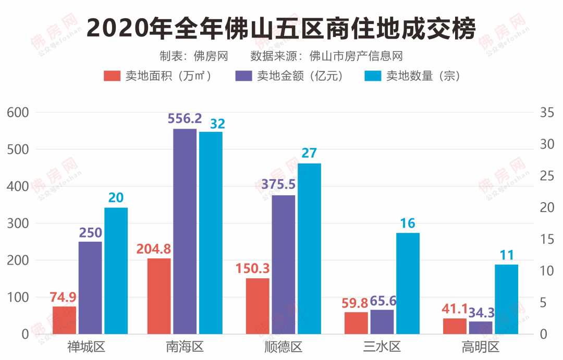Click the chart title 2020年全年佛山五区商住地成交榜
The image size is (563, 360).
pos(281,27)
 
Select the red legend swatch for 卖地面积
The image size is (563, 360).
pos(112,76)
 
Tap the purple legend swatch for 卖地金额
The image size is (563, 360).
pos(244,76)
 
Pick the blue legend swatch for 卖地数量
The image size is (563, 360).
pos(373,76)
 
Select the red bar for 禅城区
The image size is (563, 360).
pos(64,320)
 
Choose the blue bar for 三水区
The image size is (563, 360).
pos(408,283)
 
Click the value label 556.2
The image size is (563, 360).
pos(185,119)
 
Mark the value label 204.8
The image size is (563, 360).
pos(154,249)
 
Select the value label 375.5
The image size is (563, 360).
pos(284,185)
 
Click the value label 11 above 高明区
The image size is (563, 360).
pos(507,255)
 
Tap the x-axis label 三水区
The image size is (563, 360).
pos(382,347)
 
